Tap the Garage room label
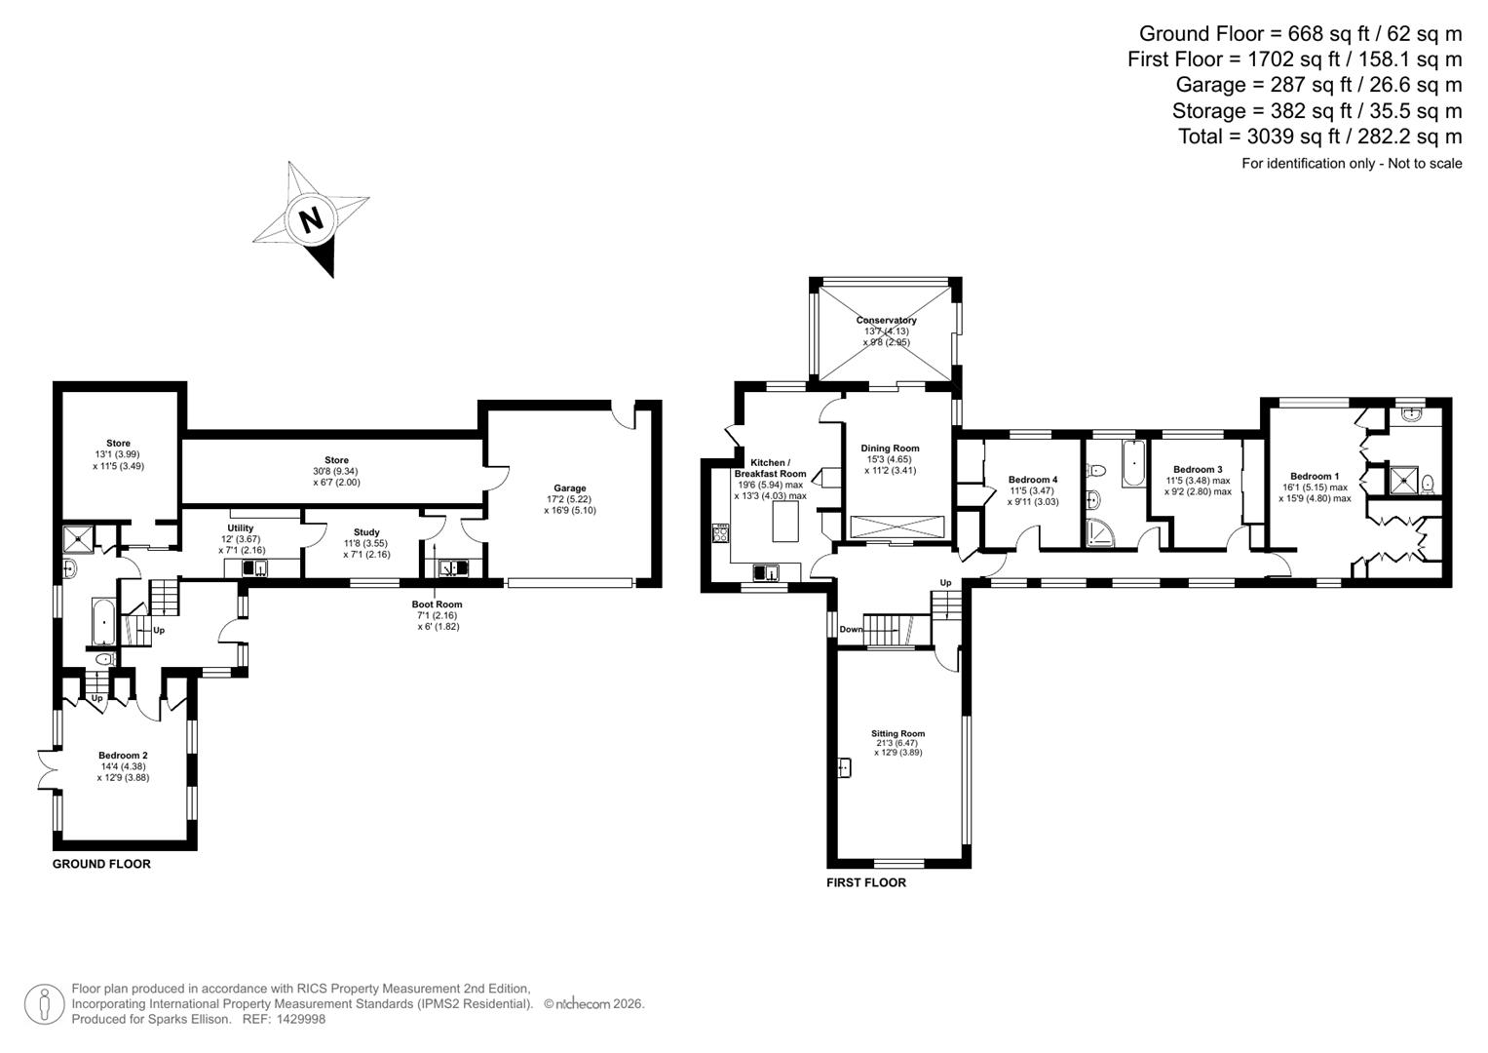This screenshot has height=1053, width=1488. click(x=570, y=488)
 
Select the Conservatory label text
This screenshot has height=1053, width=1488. click(x=886, y=320)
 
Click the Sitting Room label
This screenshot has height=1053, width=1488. click(x=897, y=733)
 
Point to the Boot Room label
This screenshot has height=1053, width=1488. click(x=438, y=604)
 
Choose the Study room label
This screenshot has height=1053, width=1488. click(x=366, y=532)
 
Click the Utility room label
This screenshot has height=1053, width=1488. click(x=240, y=527)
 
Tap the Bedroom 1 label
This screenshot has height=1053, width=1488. click(x=1315, y=476)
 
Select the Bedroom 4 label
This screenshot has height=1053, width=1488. click(x=1033, y=480)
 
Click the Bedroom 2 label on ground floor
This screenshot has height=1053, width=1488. click(x=123, y=755)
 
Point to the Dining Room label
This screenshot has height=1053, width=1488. click(x=890, y=448)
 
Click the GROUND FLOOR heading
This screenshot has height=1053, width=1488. click(x=101, y=864)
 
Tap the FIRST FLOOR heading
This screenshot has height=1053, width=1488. click(x=865, y=882)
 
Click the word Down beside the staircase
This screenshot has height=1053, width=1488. click(x=851, y=630)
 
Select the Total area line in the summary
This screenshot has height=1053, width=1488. click(x=1319, y=136)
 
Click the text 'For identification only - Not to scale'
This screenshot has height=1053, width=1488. click(x=1351, y=164)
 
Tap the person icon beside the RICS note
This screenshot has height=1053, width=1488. click(x=44, y=1004)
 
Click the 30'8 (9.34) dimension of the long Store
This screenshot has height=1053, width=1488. click(x=336, y=471)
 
